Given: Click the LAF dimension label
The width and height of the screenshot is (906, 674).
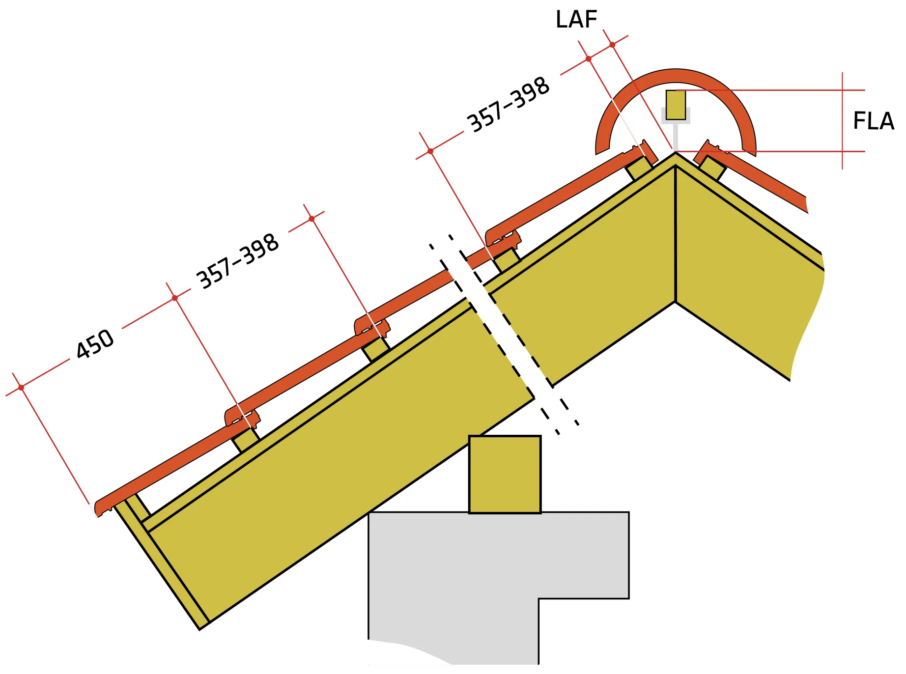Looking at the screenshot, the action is click(x=576, y=20).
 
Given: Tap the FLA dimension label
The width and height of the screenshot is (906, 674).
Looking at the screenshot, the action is click(x=874, y=121).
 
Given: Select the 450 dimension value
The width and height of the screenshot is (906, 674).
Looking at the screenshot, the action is click(x=95, y=343).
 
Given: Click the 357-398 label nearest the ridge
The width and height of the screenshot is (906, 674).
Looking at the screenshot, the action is click(x=508, y=105).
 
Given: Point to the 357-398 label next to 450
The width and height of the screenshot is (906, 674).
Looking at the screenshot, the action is click(x=238, y=261).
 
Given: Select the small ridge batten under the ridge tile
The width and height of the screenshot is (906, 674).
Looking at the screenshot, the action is click(x=676, y=105).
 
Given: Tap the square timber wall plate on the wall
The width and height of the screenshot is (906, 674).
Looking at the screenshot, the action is click(x=505, y=474).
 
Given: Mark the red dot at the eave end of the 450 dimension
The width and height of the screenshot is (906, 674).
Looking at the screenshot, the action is click(x=21, y=388).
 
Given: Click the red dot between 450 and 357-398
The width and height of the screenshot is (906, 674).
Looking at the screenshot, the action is click(x=175, y=298).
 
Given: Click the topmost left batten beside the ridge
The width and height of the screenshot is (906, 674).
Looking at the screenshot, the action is click(x=639, y=168).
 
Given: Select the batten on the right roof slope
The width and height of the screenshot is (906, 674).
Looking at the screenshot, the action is click(x=712, y=168).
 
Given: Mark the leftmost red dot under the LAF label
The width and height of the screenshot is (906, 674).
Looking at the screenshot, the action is click(x=588, y=59).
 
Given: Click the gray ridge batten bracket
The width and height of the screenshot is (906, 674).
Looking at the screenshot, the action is click(x=676, y=129).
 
